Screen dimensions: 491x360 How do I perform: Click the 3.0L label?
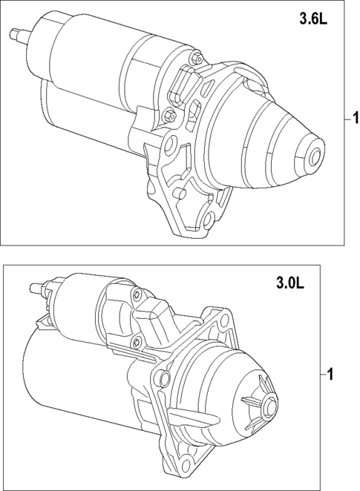point(289,283)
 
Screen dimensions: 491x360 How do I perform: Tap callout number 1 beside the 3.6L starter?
point(356,118)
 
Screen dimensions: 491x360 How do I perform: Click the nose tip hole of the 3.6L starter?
point(315,157)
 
